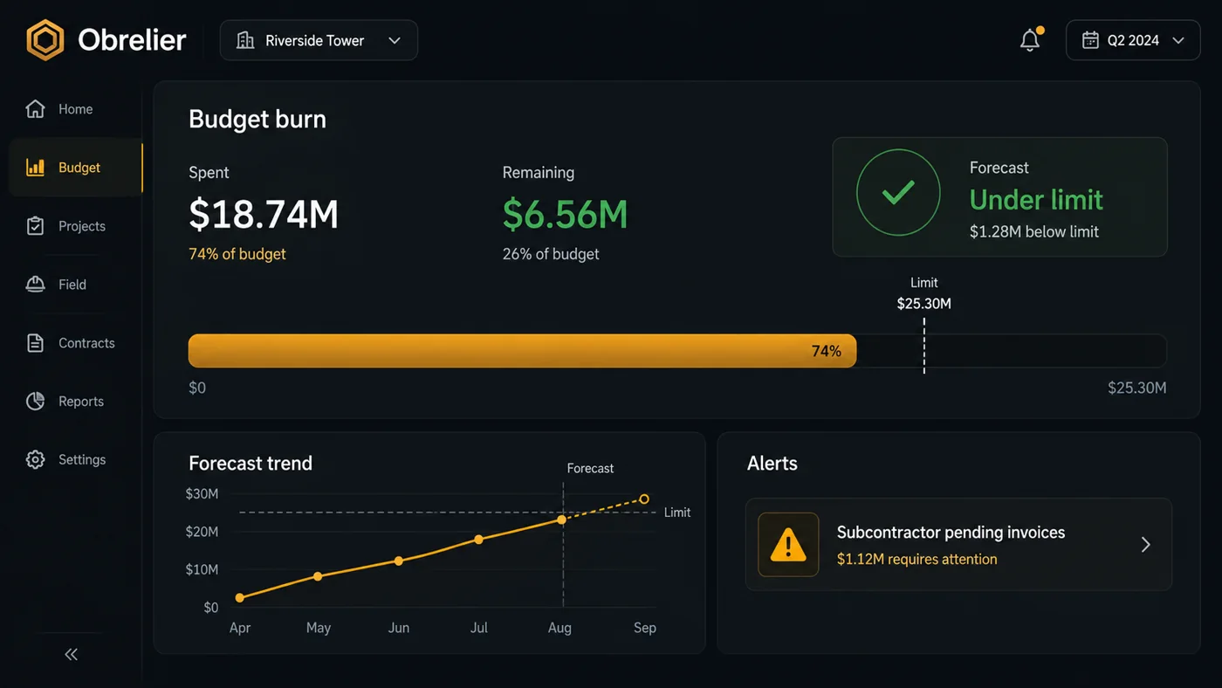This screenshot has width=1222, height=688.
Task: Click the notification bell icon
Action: tap(1030, 40)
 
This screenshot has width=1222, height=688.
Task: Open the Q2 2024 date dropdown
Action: tap(1133, 40)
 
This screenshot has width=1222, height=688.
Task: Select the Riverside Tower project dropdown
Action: tap(319, 40)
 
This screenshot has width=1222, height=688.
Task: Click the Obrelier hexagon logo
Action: tap(45, 40)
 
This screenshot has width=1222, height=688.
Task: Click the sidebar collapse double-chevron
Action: tap(72, 654)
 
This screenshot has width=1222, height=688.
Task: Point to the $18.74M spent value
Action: tap(264, 214)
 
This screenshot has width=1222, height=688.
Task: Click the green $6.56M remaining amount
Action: tap(566, 214)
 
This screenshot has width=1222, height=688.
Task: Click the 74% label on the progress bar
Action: tap(827, 351)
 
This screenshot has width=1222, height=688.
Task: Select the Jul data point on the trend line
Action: tap(478, 540)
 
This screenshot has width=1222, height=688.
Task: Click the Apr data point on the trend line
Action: tap(239, 598)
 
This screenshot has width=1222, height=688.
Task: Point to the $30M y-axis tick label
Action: tap(202, 494)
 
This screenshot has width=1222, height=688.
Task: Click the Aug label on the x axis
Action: tap(560, 628)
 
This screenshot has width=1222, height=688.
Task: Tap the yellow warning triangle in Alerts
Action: tap(788, 545)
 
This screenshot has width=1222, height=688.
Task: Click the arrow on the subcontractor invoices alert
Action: tap(1145, 545)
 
